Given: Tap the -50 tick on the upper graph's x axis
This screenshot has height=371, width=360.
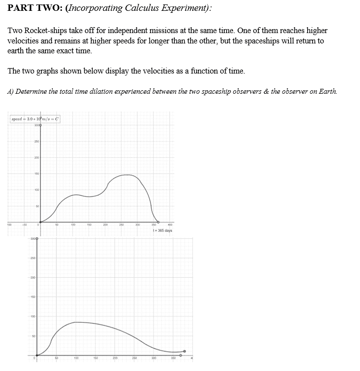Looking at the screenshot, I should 23,225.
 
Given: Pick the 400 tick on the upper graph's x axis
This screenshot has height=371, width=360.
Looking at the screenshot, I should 170,225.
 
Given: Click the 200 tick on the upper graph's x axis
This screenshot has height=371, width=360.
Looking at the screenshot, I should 105,225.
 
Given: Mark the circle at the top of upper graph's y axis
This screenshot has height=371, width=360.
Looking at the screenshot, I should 40,125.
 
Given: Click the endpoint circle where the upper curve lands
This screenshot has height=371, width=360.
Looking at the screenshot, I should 158,222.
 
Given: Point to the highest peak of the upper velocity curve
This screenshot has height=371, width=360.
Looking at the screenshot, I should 127,175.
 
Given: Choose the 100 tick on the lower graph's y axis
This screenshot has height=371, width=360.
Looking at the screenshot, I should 32,316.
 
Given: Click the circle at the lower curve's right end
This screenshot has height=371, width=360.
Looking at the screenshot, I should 185,351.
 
